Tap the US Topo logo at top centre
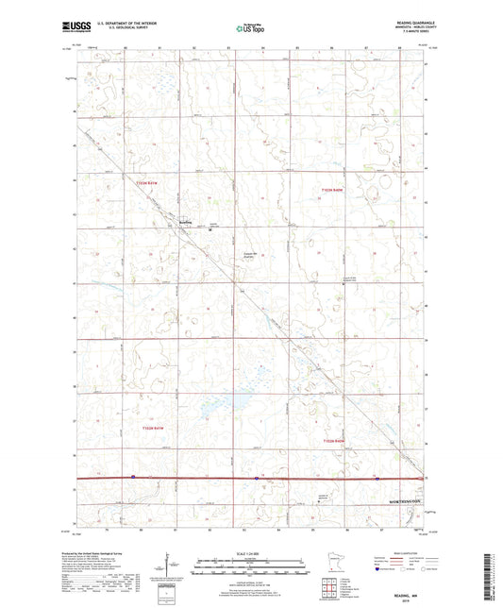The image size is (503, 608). coord(246,29)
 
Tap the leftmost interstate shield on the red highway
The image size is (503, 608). coord(133,477)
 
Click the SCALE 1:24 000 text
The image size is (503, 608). coord(250,553)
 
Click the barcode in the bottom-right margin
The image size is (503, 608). coord(493,574)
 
